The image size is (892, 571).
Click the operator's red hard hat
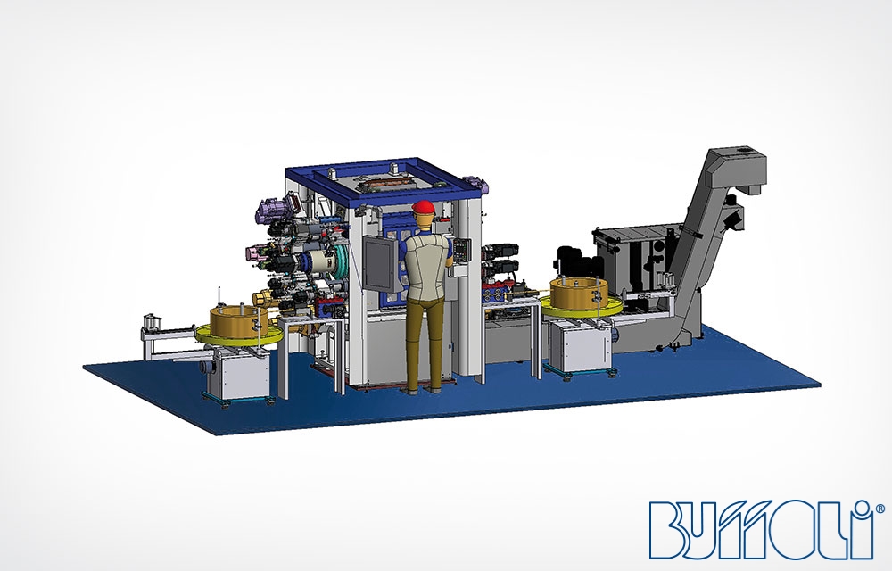[423, 207]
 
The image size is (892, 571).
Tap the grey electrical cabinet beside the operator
[380, 264]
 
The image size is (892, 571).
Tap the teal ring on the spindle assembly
[342, 263]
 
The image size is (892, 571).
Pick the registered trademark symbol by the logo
[880, 508]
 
